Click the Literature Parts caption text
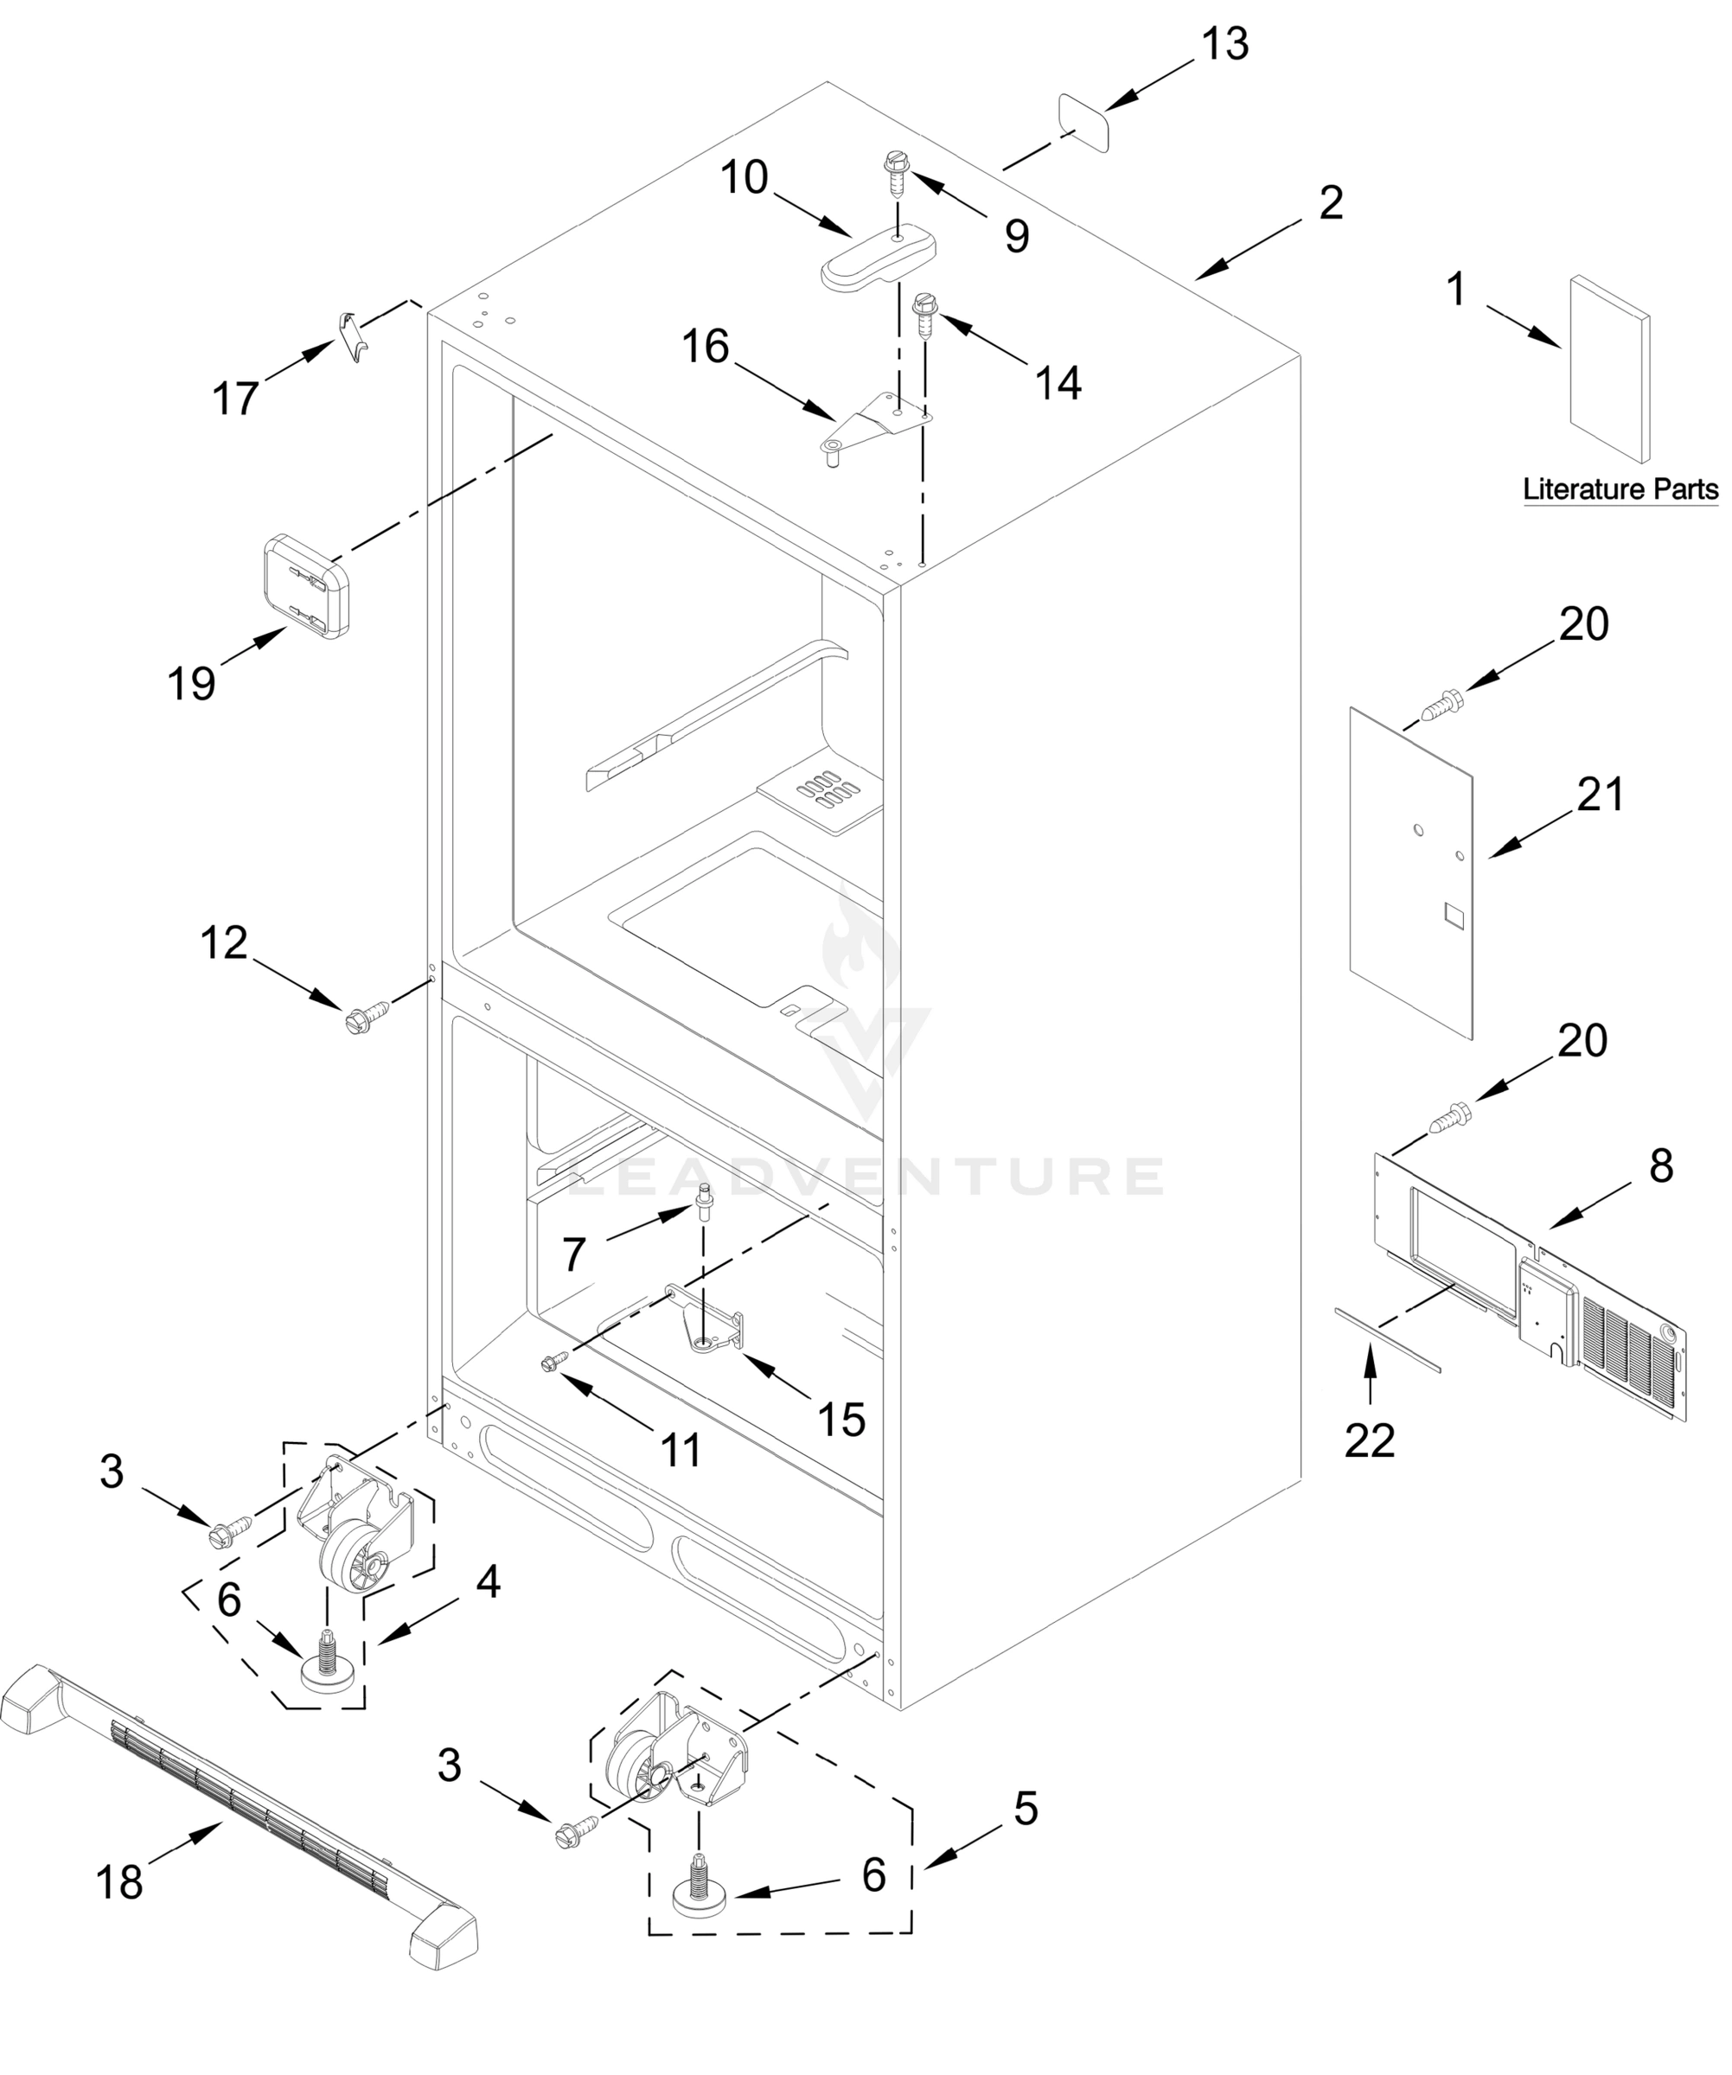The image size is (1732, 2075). point(1620,488)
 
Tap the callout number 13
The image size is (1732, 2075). point(1225,44)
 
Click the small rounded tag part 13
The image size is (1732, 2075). point(1083,122)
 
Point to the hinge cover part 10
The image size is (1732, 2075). point(878,258)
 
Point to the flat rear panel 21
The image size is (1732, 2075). point(1411,873)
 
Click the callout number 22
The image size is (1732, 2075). point(1370,1440)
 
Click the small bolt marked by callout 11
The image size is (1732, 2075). point(553,1363)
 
